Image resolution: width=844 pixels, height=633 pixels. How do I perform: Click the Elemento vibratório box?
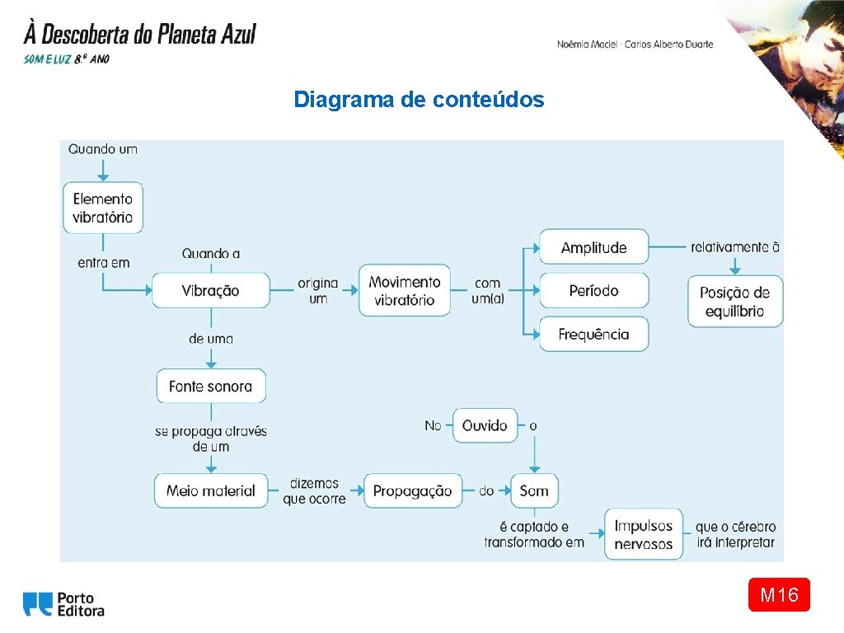click(x=103, y=208)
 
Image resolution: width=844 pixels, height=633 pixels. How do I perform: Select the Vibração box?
click(x=211, y=290)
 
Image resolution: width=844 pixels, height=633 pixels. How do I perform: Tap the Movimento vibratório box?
click(x=405, y=290)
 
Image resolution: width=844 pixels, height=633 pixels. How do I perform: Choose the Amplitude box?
click(x=593, y=247)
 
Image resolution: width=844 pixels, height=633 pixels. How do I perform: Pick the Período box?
click(x=593, y=291)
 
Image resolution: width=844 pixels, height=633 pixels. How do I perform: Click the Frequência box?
click(x=593, y=334)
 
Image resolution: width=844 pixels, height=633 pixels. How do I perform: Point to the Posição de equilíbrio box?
click(x=735, y=302)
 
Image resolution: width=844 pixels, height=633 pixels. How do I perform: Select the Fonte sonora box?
click(x=211, y=386)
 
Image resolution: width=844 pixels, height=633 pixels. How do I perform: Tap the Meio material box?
click(x=211, y=490)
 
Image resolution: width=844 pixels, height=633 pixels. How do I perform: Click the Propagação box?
click(x=412, y=490)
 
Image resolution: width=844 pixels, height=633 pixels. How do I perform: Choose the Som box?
click(x=534, y=490)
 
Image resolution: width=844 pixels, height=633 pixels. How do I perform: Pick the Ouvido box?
click(x=485, y=425)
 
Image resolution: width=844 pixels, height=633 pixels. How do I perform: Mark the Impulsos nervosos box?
click(x=644, y=534)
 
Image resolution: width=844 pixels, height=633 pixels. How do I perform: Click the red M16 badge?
click(x=779, y=594)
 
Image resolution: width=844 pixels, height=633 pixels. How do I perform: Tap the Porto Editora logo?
click(x=64, y=604)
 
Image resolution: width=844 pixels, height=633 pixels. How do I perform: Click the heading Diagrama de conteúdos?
click(x=419, y=100)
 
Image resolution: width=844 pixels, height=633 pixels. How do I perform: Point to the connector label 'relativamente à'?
click(x=735, y=247)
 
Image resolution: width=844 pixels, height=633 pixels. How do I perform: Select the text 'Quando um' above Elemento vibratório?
click(x=103, y=149)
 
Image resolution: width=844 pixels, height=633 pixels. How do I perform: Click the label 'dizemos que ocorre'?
click(x=314, y=490)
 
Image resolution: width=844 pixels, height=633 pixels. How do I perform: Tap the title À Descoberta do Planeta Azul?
click(x=140, y=35)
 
